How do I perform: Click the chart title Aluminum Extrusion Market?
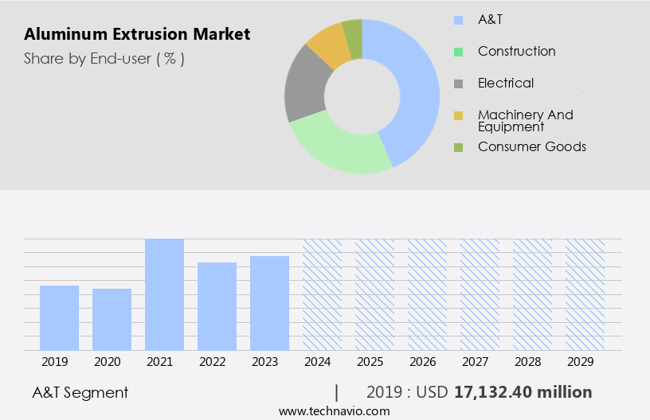click(137, 34)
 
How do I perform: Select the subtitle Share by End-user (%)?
click(104, 58)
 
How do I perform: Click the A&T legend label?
click(491, 19)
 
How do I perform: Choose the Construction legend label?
click(516, 51)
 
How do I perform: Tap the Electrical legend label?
click(506, 83)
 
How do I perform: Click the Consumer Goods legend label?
click(531, 146)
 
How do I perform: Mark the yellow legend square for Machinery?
click(458, 115)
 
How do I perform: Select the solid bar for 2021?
click(164, 294)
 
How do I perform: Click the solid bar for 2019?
click(59, 317)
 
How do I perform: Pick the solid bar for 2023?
click(269, 303)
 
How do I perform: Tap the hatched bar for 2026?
click(427, 294)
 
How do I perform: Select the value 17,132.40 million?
click(523, 392)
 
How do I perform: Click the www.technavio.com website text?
click(335, 410)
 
